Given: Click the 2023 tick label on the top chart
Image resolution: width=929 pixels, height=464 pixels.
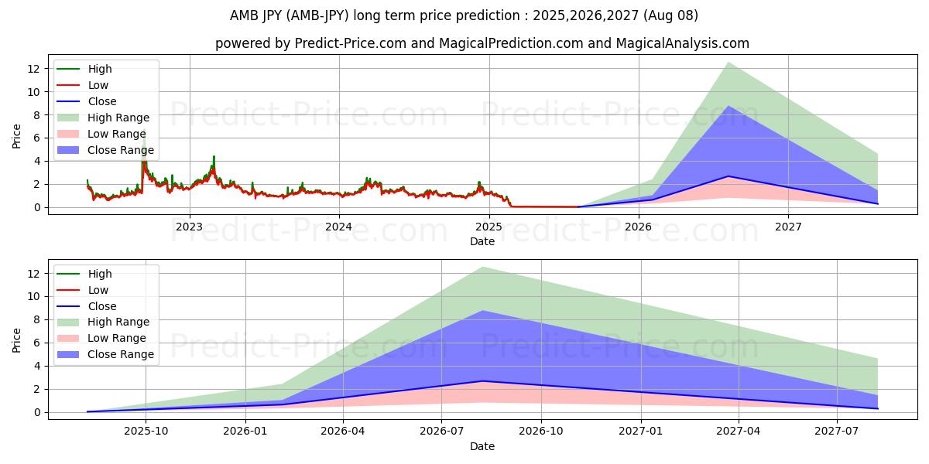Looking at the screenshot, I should click(x=189, y=227).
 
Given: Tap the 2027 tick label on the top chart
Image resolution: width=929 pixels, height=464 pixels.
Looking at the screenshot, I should click(x=788, y=227).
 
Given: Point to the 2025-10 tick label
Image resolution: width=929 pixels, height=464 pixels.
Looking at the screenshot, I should click(x=145, y=432).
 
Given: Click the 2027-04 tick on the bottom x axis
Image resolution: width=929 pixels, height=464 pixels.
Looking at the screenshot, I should click(x=739, y=432).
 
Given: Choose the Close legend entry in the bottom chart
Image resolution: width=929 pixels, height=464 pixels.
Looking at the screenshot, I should click(x=101, y=306).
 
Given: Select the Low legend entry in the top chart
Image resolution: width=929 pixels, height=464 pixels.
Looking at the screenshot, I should click(x=98, y=85).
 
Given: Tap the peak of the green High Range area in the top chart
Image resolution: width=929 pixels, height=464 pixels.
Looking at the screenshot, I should click(x=728, y=63).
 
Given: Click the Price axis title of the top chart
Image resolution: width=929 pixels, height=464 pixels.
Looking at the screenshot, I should click(x=17, y=135).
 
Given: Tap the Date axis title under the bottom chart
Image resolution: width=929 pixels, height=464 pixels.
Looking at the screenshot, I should click(x=482, y=447).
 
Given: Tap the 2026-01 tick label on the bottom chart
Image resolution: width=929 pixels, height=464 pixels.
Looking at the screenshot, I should click(x=245, y=432).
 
